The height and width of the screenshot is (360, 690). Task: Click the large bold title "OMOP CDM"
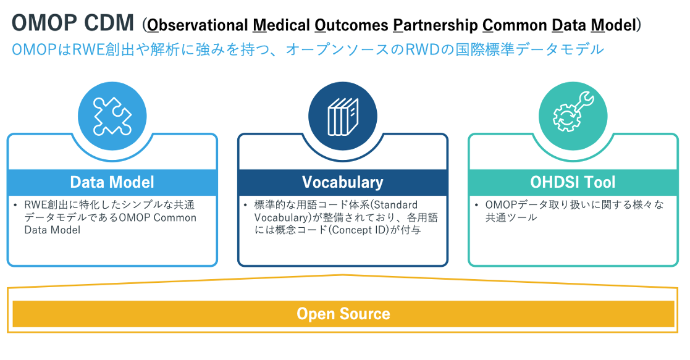click(73, 23)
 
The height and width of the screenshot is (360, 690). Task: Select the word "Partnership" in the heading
click(435, 25)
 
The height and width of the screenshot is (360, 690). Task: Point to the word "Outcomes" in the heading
click(351, 25)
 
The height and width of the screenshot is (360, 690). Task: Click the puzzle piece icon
click(112, 116)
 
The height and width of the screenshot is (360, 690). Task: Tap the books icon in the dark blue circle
click(343, 117)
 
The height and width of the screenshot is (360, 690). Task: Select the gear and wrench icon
click(573, 112)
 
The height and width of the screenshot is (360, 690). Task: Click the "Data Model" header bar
click(112, 182)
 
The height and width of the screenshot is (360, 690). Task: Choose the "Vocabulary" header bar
click(343, 182)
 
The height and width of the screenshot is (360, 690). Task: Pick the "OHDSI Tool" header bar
click(573, 182)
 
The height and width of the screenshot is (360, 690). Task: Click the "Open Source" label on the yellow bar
click(343, 314)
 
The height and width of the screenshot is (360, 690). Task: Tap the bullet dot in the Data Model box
click(15, 205)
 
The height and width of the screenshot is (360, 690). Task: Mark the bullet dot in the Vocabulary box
click(246, 205)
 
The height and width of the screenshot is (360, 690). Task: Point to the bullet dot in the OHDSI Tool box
click(476, 205)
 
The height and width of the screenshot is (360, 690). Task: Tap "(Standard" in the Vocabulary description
click(395, 205)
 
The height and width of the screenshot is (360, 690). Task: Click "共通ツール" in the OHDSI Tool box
click(511, 217)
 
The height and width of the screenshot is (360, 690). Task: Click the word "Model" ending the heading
click(613, 25)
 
